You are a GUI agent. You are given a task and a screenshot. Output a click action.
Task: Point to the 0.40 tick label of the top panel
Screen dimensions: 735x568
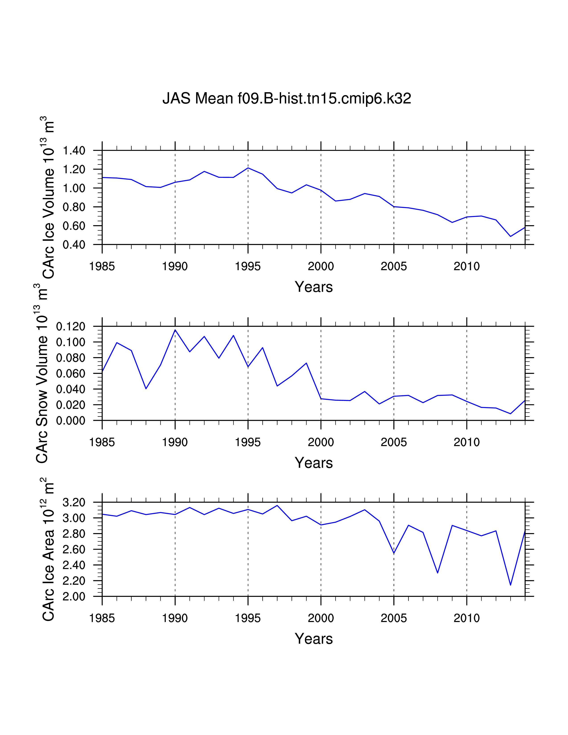coord(74,245)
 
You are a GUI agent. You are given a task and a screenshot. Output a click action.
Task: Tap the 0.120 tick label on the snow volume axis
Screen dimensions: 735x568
coord(71,327)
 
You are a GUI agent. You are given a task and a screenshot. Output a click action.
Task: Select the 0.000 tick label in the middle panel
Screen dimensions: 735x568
coord(71,421)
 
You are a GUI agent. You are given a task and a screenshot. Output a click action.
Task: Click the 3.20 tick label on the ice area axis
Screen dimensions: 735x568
coord(74,502)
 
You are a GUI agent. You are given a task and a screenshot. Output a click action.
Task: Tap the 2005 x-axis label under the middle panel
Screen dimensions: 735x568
coord(394,442)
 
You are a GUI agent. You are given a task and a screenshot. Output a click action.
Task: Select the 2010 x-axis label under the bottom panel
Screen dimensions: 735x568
coord(466,618)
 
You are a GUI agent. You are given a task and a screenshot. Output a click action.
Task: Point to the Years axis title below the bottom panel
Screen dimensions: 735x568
coord(314,639)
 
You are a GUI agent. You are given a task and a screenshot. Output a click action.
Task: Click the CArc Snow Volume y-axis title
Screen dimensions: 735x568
coord(42,374)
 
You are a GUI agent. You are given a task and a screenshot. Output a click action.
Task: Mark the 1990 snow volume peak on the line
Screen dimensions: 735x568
coord(175,330)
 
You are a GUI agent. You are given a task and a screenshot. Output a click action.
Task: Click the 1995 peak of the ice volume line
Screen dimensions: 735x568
coord(248,168)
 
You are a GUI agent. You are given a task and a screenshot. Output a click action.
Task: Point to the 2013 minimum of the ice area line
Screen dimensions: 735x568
coord(511,585)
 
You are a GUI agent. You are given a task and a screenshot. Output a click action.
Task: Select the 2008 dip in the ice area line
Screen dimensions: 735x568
coord(437,573)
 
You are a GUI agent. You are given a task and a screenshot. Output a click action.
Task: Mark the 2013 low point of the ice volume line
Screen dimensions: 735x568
coord(511,237)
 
